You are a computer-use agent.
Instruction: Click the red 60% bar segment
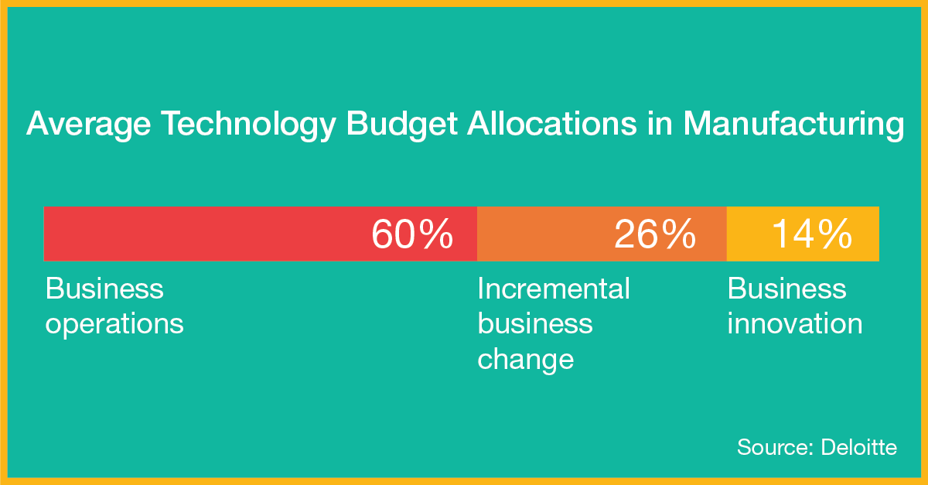(260, 234)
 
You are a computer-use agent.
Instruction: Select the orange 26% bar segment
(602, 234)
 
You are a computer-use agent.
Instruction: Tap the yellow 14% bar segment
(803, 234)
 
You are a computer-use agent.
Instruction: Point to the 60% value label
(412, 234)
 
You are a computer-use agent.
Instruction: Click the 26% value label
(655, 234)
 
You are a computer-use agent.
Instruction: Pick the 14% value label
(812, 234)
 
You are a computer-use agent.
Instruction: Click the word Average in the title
(89, 124)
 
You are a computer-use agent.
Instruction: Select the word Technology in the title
(248, 124)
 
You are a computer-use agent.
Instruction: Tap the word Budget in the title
(401, 124)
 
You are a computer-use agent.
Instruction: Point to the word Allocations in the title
(552, 123)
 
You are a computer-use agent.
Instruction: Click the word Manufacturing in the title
(793, 124)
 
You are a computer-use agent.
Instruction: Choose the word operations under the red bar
(114, 325)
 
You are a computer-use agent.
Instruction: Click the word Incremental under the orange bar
(554, 289)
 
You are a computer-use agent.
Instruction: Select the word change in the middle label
(526, 360)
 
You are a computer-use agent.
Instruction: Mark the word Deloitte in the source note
(859, 447)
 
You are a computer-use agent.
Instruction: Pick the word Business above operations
(104, 289)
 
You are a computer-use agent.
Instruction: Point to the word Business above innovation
(786, 289)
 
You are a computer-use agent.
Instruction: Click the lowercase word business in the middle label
(535, 323)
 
